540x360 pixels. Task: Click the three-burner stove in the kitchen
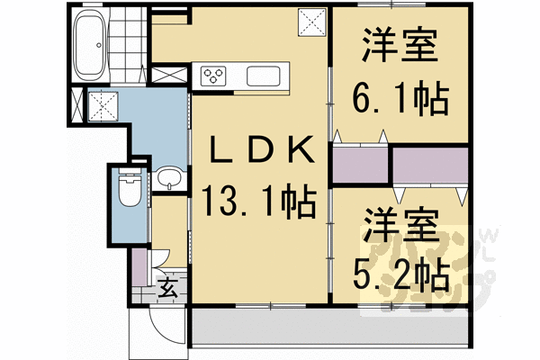point(217,75)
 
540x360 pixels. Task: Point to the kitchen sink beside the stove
point(265,76)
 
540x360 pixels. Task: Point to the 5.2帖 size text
point(402,272)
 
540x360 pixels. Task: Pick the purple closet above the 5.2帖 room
point(430,164)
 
